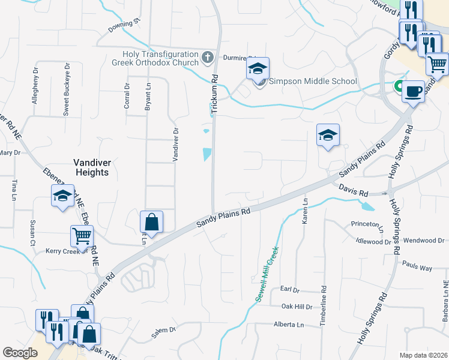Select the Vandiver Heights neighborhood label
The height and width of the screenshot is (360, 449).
click(91, 167)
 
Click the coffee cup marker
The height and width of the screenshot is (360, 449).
click(412, 91)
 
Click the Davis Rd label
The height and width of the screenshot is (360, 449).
click(352, 190)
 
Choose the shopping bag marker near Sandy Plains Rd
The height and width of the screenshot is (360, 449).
click(152, 222)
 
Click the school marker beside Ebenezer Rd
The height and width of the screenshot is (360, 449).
click(62, 196)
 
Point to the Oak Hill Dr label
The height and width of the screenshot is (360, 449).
click(297, 307)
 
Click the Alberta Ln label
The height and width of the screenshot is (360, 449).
click(289, 325)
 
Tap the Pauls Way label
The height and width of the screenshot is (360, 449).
click(417, 266)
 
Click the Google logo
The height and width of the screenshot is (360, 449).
click(20, 353)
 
